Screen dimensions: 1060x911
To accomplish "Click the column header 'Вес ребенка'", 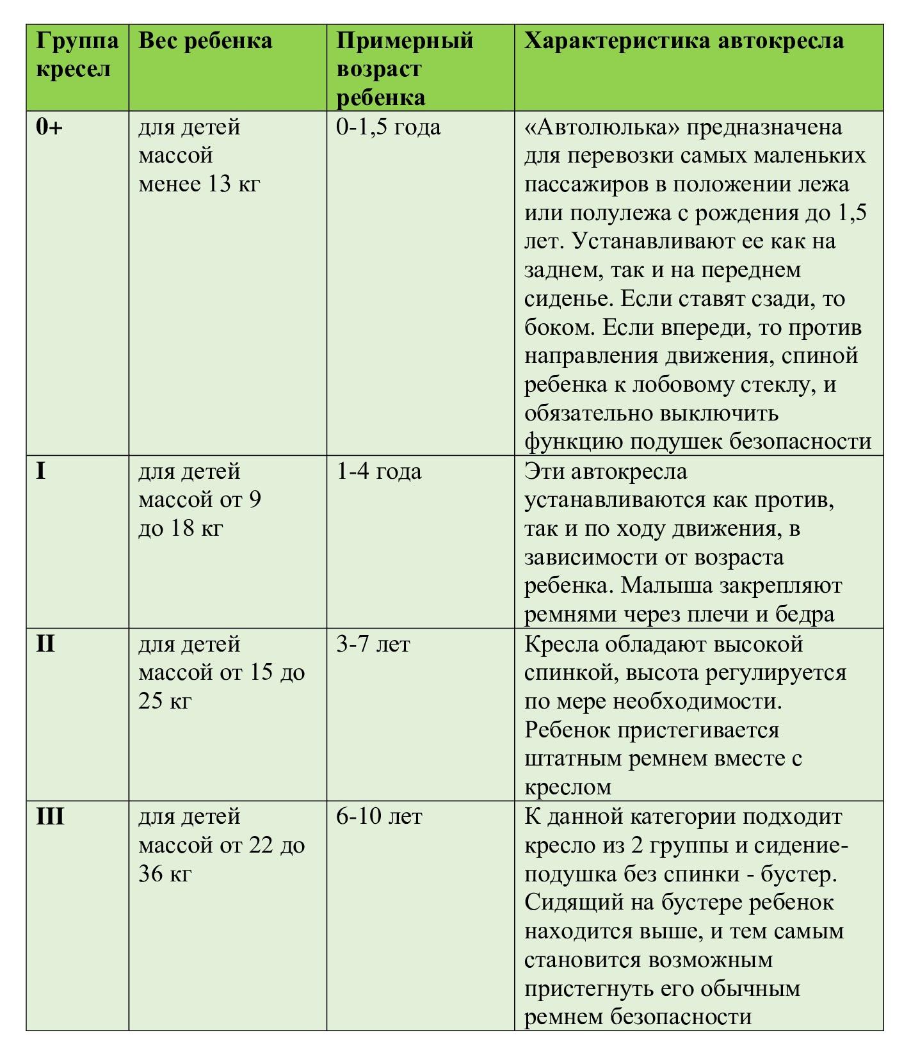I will [x=205, y=41].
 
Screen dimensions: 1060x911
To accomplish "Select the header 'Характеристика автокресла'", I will [x=684, y=41].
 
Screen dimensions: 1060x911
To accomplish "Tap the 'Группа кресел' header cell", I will [x=77, y=55].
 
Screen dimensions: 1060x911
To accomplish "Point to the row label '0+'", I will [x=49, y=127].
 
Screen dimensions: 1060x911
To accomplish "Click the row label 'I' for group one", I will [x=41, y=472].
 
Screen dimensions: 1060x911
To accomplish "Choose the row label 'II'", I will [x=45, y=644].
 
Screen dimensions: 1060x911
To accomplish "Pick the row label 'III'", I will [x=50, y=817].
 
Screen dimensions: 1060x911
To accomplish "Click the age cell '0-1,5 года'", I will [x=389, y=127].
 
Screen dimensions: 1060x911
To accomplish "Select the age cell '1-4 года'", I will [x=379, y=472].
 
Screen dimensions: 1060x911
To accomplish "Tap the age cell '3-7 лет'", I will [x=373, y=644].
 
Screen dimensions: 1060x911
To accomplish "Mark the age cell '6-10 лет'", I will [x=379, y=817].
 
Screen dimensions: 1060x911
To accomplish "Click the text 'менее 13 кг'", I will [x=199, y=184].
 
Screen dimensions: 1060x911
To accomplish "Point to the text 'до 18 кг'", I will [x=181, y=529].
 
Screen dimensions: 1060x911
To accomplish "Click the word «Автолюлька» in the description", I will [x=602, y=127].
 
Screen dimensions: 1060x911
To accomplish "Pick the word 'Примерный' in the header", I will [x=405, y=41].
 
